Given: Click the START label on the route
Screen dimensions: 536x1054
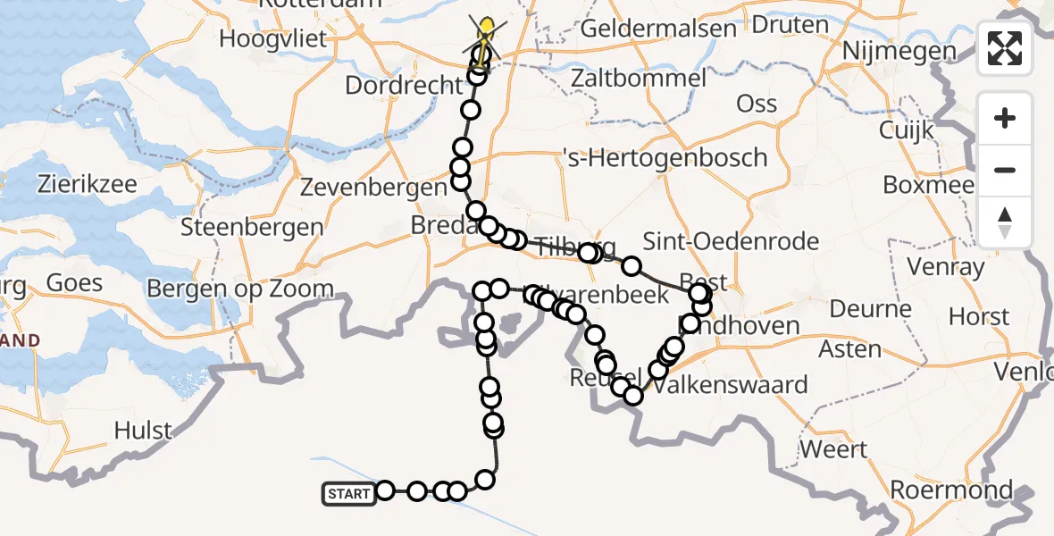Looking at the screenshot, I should [348, 493].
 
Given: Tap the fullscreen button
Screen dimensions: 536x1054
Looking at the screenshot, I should [1005, 48].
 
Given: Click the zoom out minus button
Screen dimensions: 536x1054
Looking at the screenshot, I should [1005, 170].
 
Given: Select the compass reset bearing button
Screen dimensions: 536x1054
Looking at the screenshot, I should [1005, 222].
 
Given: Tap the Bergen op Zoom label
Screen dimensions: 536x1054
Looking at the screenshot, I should [239, 289].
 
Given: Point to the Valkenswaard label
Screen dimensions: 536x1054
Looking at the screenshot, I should [731, 386].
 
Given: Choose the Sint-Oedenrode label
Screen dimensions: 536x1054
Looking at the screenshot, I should [731, 241].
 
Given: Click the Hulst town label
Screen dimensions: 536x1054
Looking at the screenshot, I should [143, 431].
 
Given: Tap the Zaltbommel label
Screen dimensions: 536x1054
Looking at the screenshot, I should [641, 78].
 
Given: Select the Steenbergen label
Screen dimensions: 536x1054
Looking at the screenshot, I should [251, 226].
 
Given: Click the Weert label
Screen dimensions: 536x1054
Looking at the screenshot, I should [832, 448].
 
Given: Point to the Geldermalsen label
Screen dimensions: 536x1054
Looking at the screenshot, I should [658, 28].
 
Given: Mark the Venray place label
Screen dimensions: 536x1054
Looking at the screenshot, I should [945, 266].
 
